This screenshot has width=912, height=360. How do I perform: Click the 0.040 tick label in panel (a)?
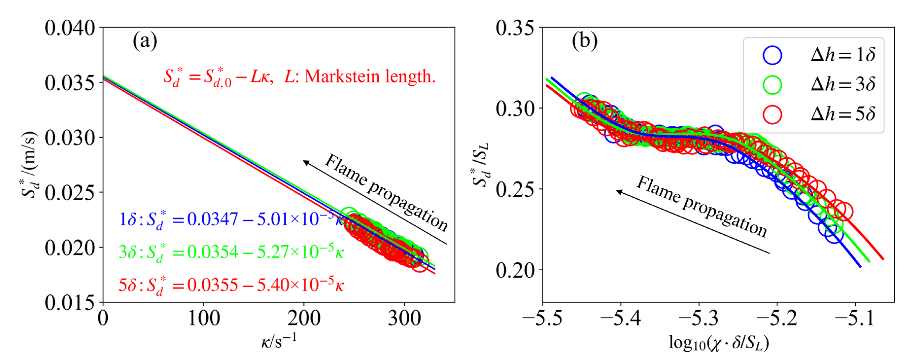pyautogui.click(x=70, y=28)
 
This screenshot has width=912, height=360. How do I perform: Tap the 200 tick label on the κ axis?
pyautogui.click(x=304, y=318)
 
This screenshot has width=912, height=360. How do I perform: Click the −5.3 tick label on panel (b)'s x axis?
pyautogui.click(x=699, y=318)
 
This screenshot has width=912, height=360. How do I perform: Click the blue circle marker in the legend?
pyautogui.click(x=772, y=55)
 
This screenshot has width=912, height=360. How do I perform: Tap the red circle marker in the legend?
pyautogui.click(x=772, y=114)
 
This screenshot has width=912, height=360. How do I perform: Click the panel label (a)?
pyautogui.click(x=145, y=41)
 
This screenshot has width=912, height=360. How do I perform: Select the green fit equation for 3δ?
pyautogui.click(x=231, y=252)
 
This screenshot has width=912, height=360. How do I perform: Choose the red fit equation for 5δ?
pyautogui.click(x=231, y=285)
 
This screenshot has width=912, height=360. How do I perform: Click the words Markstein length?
pyautogui.click(x=370, y=76)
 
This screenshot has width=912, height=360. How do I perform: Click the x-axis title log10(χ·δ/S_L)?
pyautogui.click(x=719, y=343)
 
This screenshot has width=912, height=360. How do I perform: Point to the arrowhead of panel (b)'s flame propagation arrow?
pyautogui.click(x=619, y=192)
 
